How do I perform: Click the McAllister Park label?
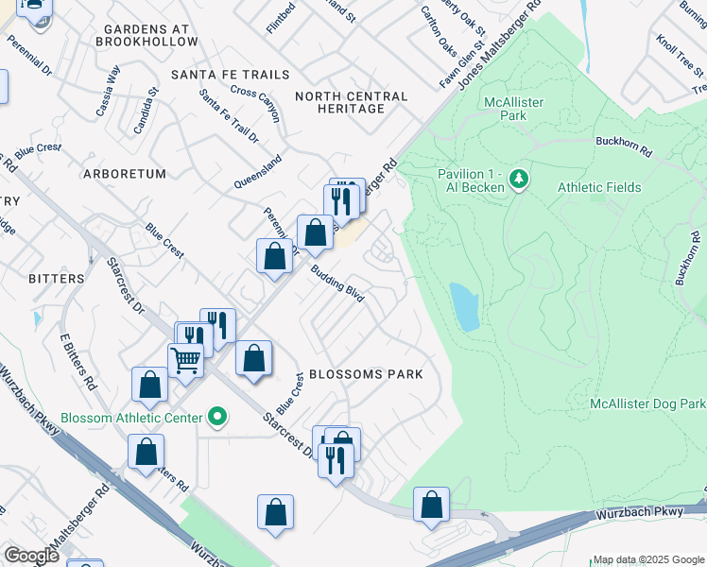click(x=517, y=108)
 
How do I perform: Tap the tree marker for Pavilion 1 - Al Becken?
click(x=518, y=178)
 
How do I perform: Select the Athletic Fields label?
click(x=599, y=187)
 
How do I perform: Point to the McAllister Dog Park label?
click(x=647, y=404)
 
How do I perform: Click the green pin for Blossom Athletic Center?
click(x=218, y=417)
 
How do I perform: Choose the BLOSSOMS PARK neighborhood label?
click(x=364, y=374)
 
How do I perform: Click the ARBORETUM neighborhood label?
click(x=125, y=174)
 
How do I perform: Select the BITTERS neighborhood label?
click(x=57, y=279)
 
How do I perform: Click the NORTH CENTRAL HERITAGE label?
click(x=352, y=102)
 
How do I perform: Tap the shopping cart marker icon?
click(x=185, y=358)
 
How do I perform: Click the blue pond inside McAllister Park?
click(x=464, y=306)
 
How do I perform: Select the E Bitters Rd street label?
click(x=79, y=362)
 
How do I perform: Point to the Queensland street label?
click(x=259, y=173)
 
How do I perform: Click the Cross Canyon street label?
click(x=255, y=104)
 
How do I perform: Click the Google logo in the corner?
click(x=31, y=556)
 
